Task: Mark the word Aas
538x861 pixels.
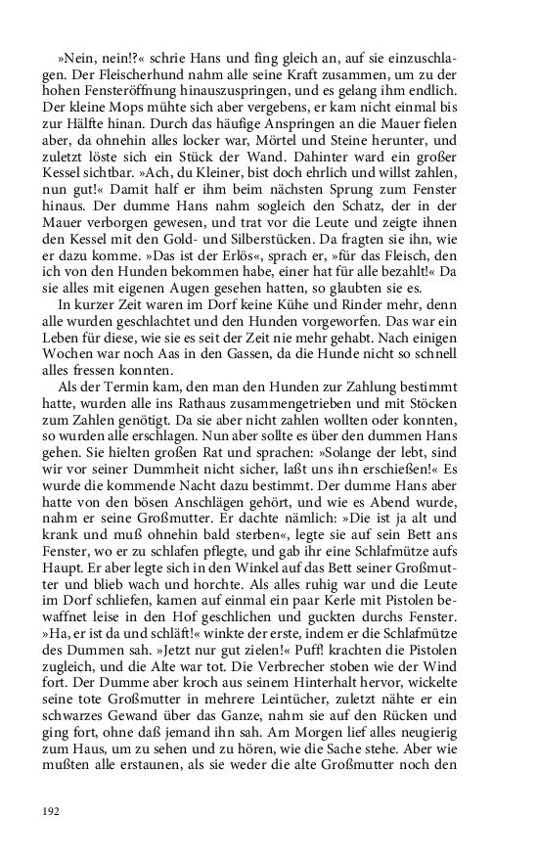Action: [205, 360]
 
